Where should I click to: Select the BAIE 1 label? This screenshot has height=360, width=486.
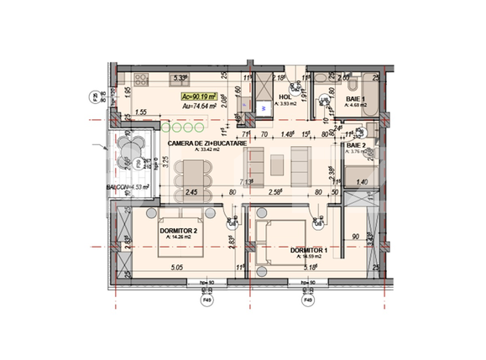tap(355, 100)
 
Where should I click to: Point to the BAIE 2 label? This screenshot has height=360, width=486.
tap(356, 146)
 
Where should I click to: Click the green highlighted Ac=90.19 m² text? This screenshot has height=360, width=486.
tap(201, 97)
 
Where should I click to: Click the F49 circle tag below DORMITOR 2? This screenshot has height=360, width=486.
tap(204, 299)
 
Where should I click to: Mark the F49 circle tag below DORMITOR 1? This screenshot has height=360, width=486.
tap(307, 299)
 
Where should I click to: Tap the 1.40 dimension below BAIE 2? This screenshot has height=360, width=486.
tap(363, 180)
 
